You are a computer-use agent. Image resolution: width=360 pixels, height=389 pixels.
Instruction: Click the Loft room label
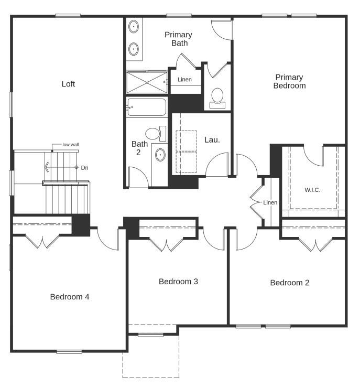click(x=68, y=84)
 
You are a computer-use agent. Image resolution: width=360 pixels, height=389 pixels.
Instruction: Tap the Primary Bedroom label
click(x=289, y=81)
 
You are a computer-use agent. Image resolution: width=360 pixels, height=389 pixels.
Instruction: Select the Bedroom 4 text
click(x=70, y=297)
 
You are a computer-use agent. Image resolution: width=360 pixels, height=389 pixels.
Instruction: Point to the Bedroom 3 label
click(x=178, y=282)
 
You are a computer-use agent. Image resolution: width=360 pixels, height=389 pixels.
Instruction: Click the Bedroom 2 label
click(x=289, y=283)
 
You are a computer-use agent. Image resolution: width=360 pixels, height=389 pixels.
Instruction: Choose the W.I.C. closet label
click(x=312, y=190)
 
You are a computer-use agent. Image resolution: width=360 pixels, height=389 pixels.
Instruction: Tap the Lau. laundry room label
click(x=212, y=140)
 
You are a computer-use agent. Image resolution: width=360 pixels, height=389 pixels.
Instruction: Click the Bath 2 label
click(x=139, y=148)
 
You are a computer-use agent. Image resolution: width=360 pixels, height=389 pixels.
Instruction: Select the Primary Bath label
click(x=178, y=39)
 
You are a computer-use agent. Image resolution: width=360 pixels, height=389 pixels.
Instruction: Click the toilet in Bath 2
click(x=154, y=133)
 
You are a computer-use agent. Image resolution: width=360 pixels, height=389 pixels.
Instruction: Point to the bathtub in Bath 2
click(x=147, y=107)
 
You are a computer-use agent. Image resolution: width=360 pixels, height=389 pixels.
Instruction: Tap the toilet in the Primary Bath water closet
click(x=217, y=97)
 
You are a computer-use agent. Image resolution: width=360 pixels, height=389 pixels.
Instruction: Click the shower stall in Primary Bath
click(x=146, y=82)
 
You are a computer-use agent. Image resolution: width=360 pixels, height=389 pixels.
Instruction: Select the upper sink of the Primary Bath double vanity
click(x=134, y=26)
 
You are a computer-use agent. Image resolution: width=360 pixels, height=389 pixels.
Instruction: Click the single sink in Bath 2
click(x=160, y=155)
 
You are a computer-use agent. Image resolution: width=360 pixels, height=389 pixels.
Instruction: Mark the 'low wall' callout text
click(x=70, y=144)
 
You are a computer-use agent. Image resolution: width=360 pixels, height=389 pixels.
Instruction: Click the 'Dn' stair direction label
click(x=84, y=167)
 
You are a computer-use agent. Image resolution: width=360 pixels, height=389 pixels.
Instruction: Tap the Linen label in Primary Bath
click(x=184, y=80)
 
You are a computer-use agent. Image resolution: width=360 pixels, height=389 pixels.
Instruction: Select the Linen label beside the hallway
click(x=270, y=202)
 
